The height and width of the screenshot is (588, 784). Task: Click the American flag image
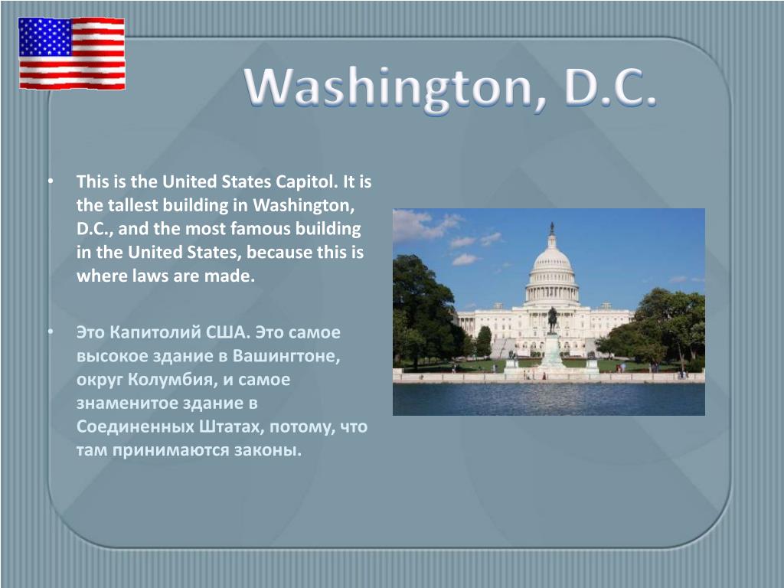(x=72, y=54)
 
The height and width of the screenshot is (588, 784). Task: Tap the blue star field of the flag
(x=45, y=37)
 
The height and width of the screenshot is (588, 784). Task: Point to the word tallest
(x=129, y=205)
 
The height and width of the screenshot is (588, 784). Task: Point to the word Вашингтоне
(x=286, y=356)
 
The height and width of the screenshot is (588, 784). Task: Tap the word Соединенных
(x=135, y=426)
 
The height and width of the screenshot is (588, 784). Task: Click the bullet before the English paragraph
(x=51, y=181)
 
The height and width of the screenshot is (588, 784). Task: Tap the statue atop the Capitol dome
(x=552, y=228)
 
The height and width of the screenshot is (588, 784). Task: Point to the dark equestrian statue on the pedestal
(x=552, y=320)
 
